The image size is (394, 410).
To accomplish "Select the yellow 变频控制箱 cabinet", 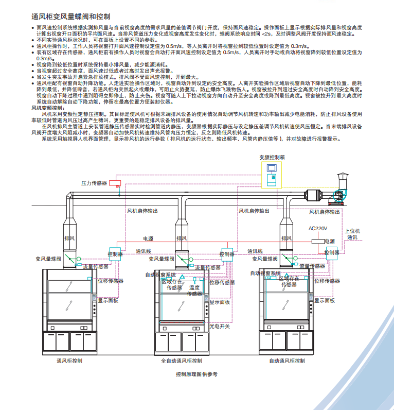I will pos(271,175).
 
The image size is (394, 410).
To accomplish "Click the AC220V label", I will pos(318,228).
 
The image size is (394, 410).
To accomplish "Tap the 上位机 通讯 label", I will pos(353,234).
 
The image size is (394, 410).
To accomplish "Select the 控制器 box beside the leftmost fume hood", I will pos(115,254).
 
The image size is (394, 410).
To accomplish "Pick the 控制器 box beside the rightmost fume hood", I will pos(332,252).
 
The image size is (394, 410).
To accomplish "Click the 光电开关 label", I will pos(220,326).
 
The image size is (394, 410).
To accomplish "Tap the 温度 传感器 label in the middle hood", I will pos(194,291).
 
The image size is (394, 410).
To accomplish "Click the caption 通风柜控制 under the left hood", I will pos(69,361).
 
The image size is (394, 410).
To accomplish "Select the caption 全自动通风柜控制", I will pos(181,361).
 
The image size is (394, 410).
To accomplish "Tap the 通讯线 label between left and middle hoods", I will pos(144,251).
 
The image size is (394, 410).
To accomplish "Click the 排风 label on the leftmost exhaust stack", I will pos(69,238).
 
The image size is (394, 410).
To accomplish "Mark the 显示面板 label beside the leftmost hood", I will pos(108,300).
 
